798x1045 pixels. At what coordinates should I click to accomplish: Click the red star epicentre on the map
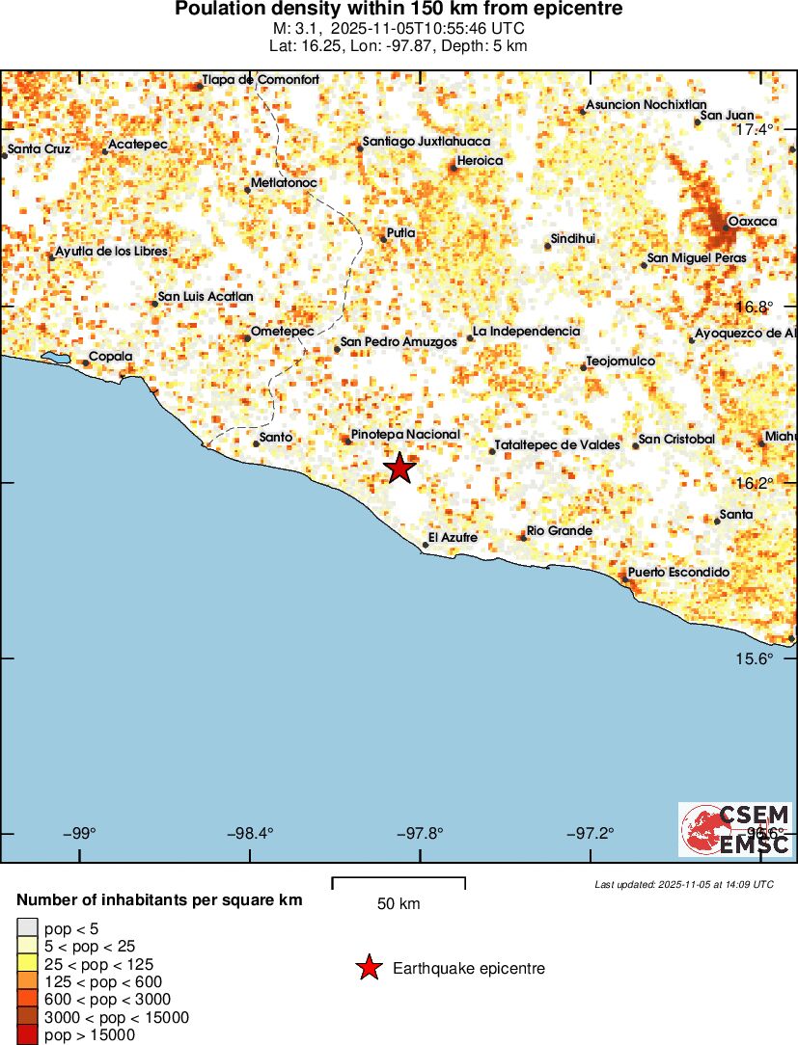coord(399,469)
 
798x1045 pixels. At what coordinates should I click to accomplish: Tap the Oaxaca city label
coord(753,222)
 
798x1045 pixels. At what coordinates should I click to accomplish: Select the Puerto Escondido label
coord(678,573)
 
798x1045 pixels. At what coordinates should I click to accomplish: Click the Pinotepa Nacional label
coord(405,435)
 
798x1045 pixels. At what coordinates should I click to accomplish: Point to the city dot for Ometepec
coord(247,337)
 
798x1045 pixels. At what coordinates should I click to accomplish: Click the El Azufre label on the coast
coord(453,537)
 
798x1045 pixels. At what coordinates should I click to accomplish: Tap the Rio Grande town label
coord(560,531)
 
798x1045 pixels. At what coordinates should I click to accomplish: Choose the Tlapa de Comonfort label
coord(261,80)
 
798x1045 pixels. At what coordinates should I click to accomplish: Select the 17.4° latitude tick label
coord(754,129)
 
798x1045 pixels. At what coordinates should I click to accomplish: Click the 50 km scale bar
coord(399,880)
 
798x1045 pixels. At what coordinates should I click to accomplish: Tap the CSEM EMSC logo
coord(735,829)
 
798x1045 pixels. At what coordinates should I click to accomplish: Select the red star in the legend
coord(368,968)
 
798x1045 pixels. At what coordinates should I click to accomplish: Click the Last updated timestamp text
coord(684,884)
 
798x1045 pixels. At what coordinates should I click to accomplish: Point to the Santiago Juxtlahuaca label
coord(427,142)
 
